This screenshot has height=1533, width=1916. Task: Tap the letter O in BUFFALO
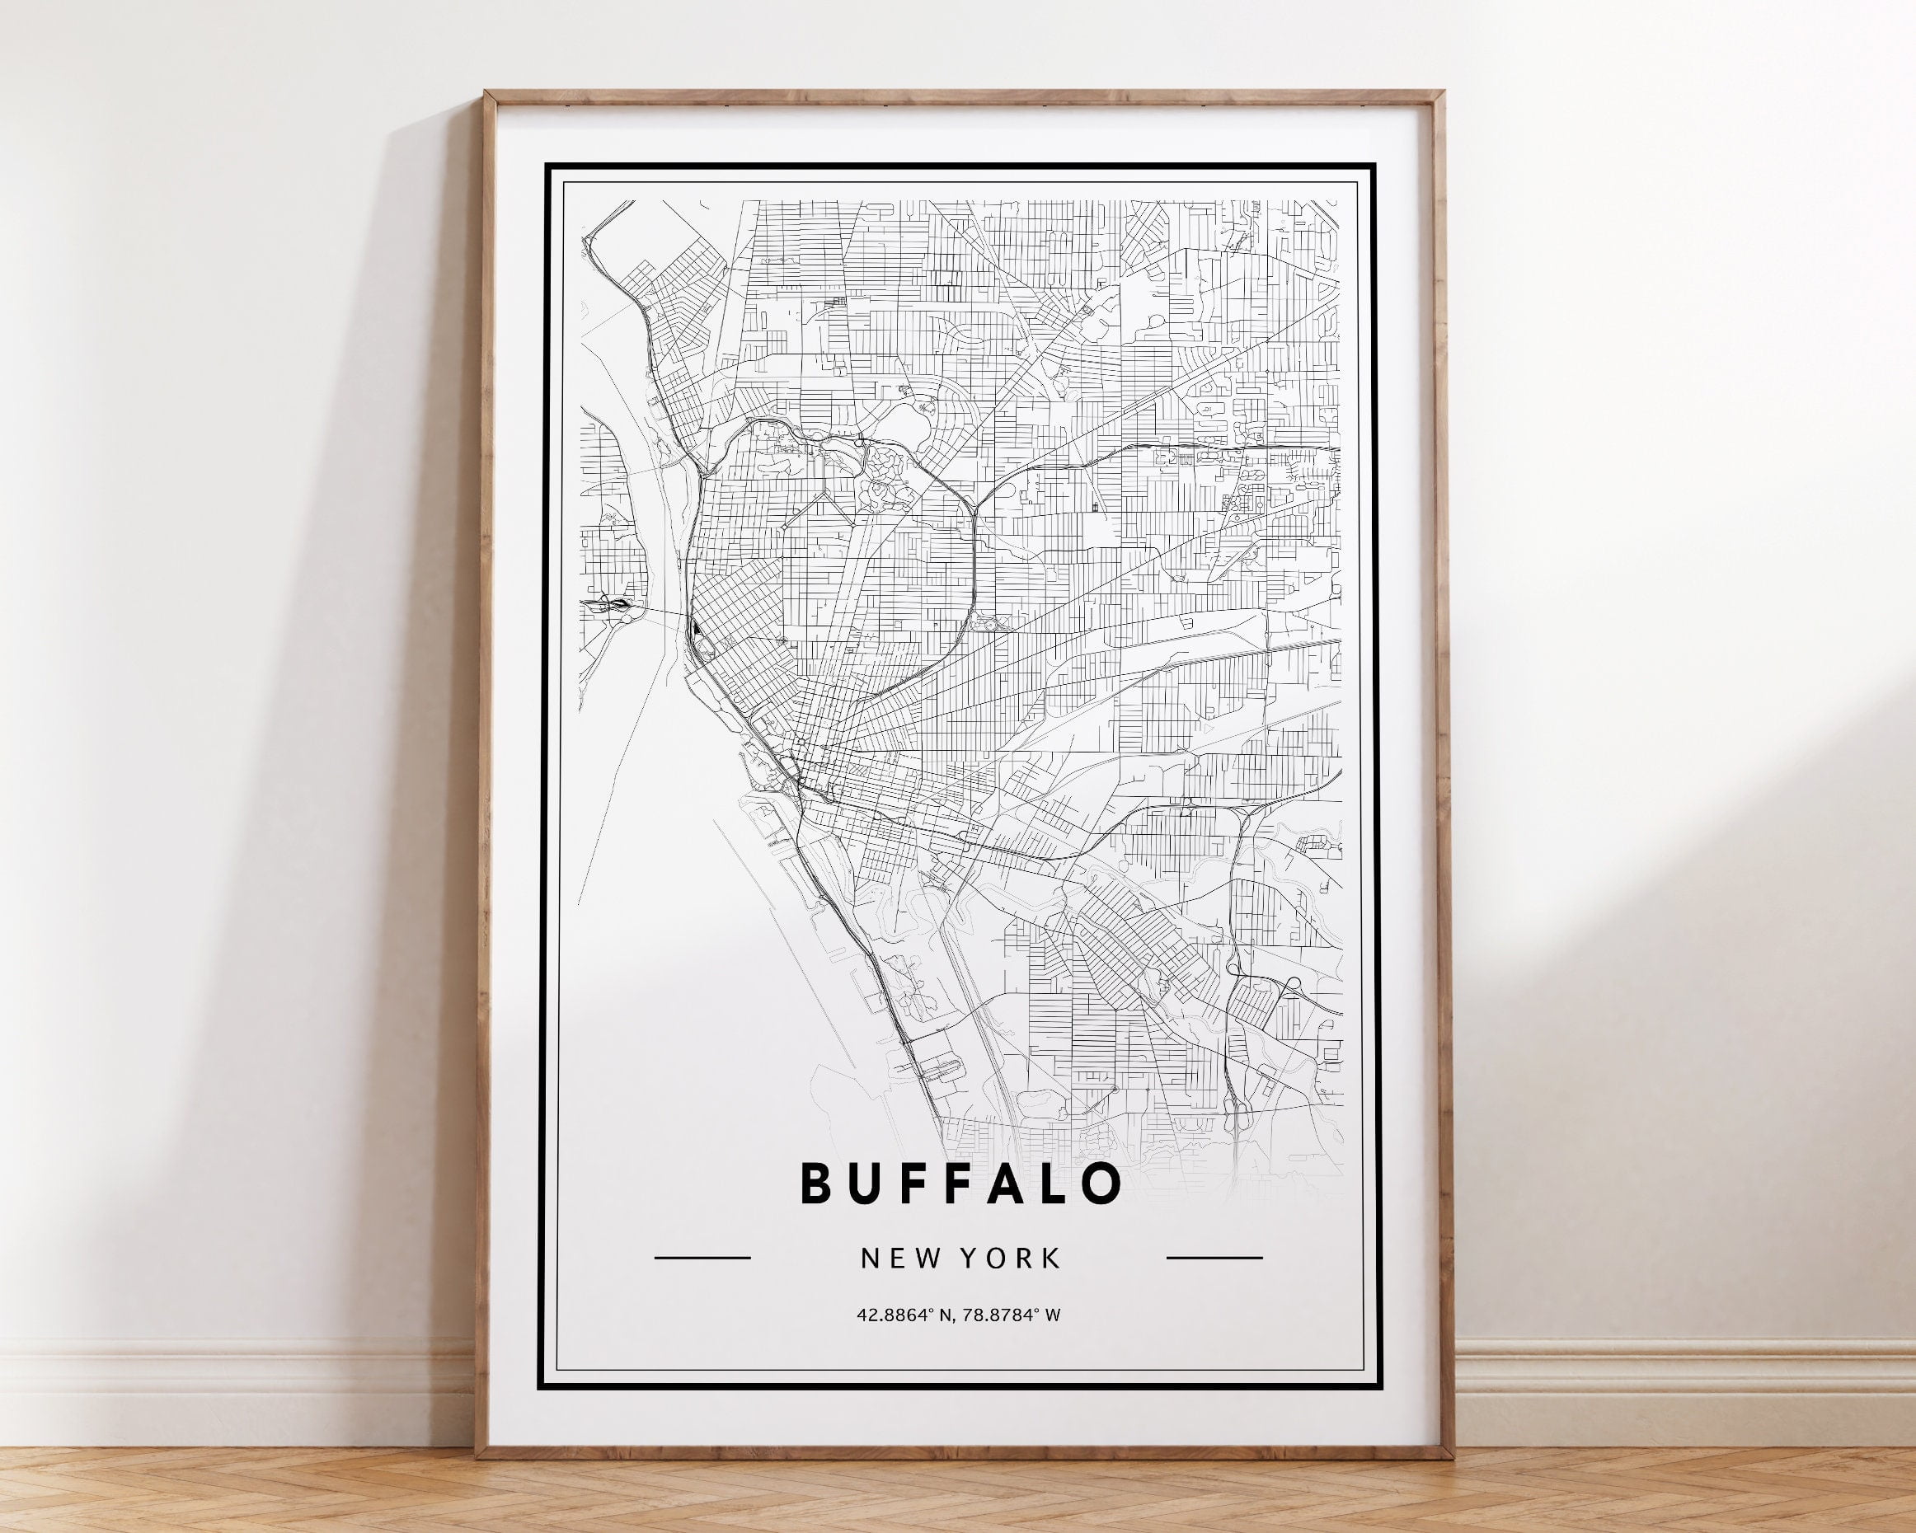[x=1101, y=1183]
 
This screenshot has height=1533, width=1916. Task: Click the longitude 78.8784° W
[x=1012, y=1315]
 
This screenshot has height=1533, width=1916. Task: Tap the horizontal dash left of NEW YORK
[x=702, y=1258]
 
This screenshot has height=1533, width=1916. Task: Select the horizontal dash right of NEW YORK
[x=1214, y=1258]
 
